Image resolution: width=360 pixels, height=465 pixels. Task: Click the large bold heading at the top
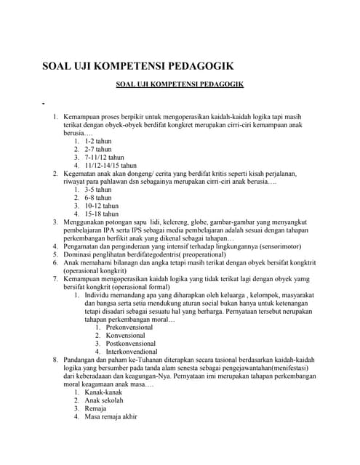(x=137, y=67)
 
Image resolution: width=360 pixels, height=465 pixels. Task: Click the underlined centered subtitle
(x=180, y=85)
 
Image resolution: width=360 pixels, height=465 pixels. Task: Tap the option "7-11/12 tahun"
(x=105, y=157)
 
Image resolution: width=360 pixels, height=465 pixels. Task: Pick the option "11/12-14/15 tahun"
(x=111, y=165)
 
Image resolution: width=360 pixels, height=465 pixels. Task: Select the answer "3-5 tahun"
(x=100, y=190)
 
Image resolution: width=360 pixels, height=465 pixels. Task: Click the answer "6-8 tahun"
(x=100, y=198)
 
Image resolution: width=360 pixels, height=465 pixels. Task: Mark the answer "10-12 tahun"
(x=103, y=206)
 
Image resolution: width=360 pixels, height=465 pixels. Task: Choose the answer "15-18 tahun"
(x=103, y=214)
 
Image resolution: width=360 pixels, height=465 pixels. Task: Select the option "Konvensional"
(x=125, y=335)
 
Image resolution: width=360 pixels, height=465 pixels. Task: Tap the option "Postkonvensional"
(x=132, y=343)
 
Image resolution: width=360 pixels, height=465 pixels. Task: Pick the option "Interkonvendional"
(x=132, y=351)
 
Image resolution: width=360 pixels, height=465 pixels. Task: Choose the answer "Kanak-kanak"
(x=104, y=392)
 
